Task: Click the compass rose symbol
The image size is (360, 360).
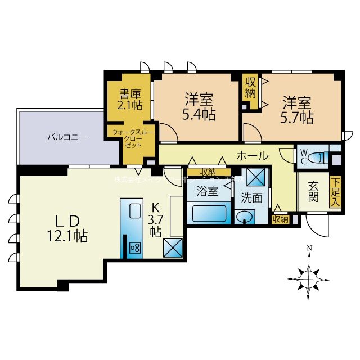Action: coord(308,276)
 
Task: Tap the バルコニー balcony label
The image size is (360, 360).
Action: coord(66,137)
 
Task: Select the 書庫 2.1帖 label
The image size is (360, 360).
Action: coord(130,100)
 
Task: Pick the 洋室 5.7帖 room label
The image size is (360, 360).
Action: coord(297,110)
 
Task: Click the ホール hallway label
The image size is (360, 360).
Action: coord(253,155)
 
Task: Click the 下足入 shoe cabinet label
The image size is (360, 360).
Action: coord(335,192)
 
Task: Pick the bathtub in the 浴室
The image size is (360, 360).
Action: coord(209,214)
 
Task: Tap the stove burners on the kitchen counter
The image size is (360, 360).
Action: coord(135,247)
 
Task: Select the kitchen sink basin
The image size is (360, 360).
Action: coord(136,211)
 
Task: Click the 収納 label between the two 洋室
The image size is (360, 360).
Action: coord(250,87)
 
